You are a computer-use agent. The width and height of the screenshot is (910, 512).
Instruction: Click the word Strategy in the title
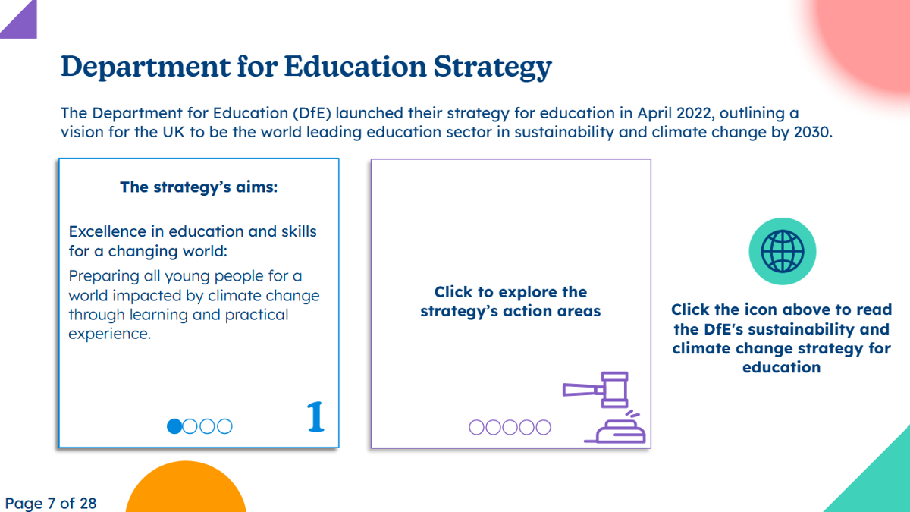click(492, 67)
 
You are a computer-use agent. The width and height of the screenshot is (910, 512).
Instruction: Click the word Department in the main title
click(146, 67)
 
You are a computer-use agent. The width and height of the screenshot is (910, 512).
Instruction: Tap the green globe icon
click(783, 251)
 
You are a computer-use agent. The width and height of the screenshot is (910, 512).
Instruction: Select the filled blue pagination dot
click(174, 426)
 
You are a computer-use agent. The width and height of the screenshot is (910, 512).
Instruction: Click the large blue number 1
click(315, 416)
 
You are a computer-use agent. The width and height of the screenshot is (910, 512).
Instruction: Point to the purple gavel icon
click(604, 407)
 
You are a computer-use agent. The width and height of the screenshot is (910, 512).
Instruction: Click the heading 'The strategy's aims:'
click(199, 187)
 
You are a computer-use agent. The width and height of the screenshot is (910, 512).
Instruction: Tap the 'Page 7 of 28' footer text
click(51, 503)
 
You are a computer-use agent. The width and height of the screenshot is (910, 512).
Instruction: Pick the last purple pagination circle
click(543, 427)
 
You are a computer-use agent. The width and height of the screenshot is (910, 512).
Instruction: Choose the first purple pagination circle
click(476, 427)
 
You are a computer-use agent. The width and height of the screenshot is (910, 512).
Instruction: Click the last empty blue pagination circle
click(224, 426)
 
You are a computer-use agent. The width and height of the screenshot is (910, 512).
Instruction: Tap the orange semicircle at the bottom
click(186, 488)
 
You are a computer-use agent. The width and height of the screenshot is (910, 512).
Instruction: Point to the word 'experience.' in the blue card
click(110, 334)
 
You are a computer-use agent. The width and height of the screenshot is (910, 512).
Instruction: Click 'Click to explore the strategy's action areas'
click(510, 301)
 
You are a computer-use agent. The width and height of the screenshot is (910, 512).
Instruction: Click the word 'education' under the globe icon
click(782, 367)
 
